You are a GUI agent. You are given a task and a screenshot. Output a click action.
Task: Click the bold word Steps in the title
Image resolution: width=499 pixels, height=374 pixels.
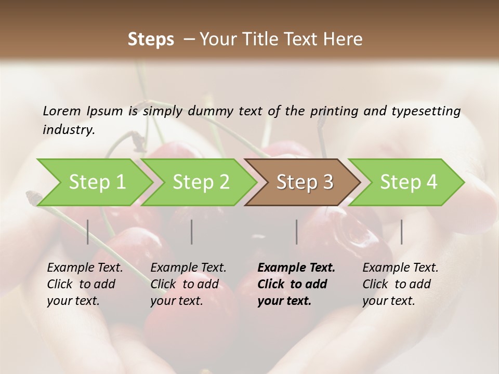click(151, 39)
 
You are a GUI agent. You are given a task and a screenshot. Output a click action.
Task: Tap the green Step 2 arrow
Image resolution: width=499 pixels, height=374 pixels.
click(201, 182)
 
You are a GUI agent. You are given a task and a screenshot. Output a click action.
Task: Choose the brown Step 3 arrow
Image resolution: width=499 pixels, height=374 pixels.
click(304, 182)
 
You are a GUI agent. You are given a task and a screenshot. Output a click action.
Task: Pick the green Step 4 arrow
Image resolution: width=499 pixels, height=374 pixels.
click(408, 182)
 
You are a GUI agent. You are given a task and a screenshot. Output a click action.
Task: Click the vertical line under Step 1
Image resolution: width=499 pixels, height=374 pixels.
click(88, 232)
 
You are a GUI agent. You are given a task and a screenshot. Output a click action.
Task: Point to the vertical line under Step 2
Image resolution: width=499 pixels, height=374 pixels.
click(192, 232)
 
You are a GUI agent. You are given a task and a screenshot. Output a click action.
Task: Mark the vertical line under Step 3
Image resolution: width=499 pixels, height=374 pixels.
click(297, 232)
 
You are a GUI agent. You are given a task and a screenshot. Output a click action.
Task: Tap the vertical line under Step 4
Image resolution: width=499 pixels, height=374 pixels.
click(402, 232)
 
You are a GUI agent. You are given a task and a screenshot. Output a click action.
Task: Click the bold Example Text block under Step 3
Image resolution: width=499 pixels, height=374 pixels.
click(296, 284)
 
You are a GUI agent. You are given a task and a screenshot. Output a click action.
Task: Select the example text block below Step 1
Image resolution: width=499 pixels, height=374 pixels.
click(85, 284)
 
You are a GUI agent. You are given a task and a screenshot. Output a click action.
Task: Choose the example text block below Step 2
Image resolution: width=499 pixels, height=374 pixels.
click(188, 284)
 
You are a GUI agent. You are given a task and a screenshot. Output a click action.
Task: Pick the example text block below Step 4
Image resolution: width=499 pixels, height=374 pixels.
click(400, 284)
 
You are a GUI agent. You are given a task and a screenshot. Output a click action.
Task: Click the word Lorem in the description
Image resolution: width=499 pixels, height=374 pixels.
click(62, 111)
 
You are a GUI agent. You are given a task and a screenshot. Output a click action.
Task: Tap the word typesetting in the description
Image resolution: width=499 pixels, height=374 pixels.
click(425, 111)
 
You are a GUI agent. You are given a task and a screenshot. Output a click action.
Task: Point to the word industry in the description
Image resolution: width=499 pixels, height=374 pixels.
click(69, 130)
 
